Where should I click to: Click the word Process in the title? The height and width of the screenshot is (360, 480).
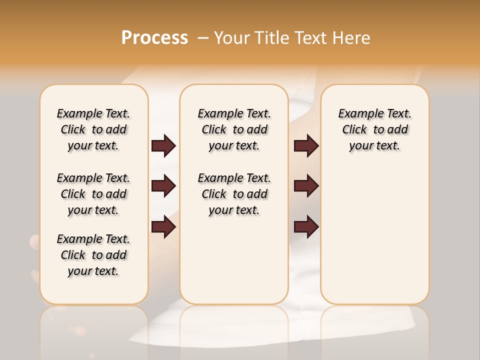(154, 37)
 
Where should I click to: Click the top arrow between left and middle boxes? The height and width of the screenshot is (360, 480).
(163, 145)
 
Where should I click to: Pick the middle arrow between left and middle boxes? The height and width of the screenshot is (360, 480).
(163, 186)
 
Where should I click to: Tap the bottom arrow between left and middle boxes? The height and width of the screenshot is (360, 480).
(163, 227)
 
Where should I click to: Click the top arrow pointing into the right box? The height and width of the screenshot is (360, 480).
(306, 145)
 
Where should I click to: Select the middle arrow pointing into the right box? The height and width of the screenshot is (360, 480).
(306, 186)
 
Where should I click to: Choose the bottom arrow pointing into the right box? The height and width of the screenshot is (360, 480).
(306, 227)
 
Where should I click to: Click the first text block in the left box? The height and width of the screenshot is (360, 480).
(93, 129)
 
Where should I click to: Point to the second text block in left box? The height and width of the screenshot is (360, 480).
(93, 194)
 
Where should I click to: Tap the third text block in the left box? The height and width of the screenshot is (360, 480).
(93, 255)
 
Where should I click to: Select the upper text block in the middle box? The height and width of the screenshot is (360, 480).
(234, 129)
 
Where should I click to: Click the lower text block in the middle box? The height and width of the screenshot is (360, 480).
(234, 194)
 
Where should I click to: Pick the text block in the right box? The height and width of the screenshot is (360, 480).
(375, 129)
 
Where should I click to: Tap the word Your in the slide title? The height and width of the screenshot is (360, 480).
(231, 37)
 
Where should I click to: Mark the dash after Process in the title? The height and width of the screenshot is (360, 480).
(203, 37)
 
